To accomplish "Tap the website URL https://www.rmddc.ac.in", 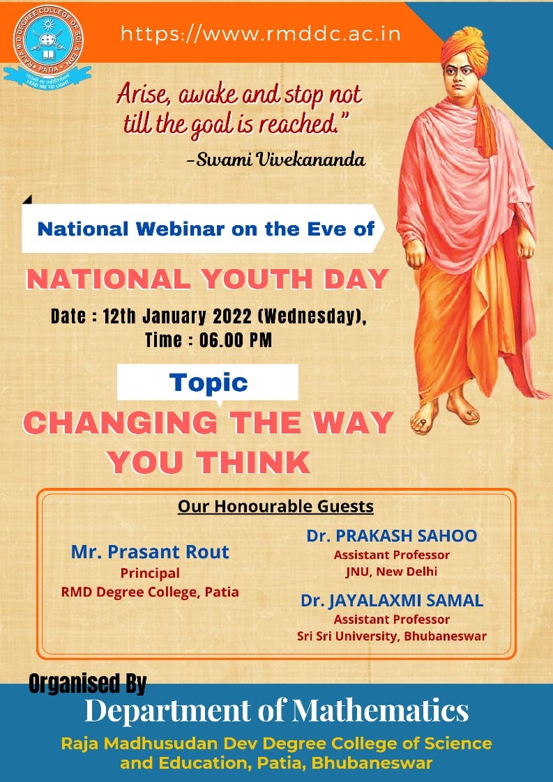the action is coord(261,34).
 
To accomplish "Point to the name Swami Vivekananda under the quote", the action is coord(281,159).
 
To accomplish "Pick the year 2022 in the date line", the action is coord(233,316).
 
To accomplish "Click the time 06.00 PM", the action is coord(236,340).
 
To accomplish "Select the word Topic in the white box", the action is coord(208,383).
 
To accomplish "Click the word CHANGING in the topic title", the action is coord(120,423).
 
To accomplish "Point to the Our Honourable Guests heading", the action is coord(276,506).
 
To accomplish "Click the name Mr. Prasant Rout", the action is coord(150,551).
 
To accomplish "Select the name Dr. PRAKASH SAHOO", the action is coord(392,536).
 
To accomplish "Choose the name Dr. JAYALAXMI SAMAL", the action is coord(392,601).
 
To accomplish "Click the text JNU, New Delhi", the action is coord(392,572).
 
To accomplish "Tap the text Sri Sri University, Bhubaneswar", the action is coord(392,636).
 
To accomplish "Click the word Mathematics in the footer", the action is coord(380,710).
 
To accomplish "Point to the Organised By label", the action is coord(87,683).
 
